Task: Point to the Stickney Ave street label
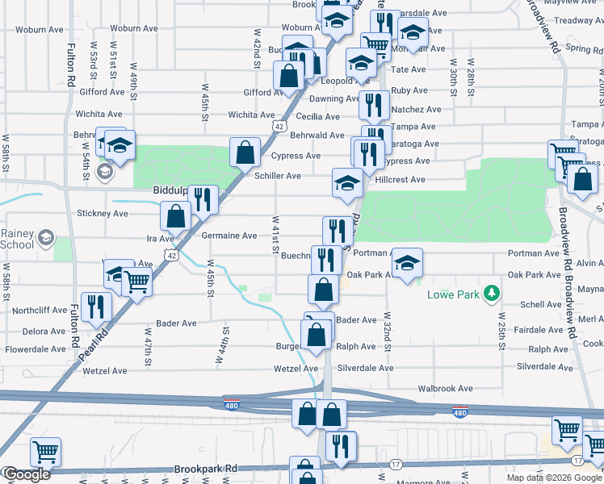pyautogui.click(x=103, y=214)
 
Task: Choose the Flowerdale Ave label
pyautogui.click(x=35, y=349)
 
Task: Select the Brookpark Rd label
pyautogui.click(x=206, y=468)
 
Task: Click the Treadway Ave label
pyautogui.click(x=575, y=20)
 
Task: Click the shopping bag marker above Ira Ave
pyautogui.click(x=175, y=215)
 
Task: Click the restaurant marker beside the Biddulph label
pyautogui.click(x=203, y=198)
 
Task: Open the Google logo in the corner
pyautogui.click(x=26, y=474)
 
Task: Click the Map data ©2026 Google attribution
pyautogui.click(x=554, y=478)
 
